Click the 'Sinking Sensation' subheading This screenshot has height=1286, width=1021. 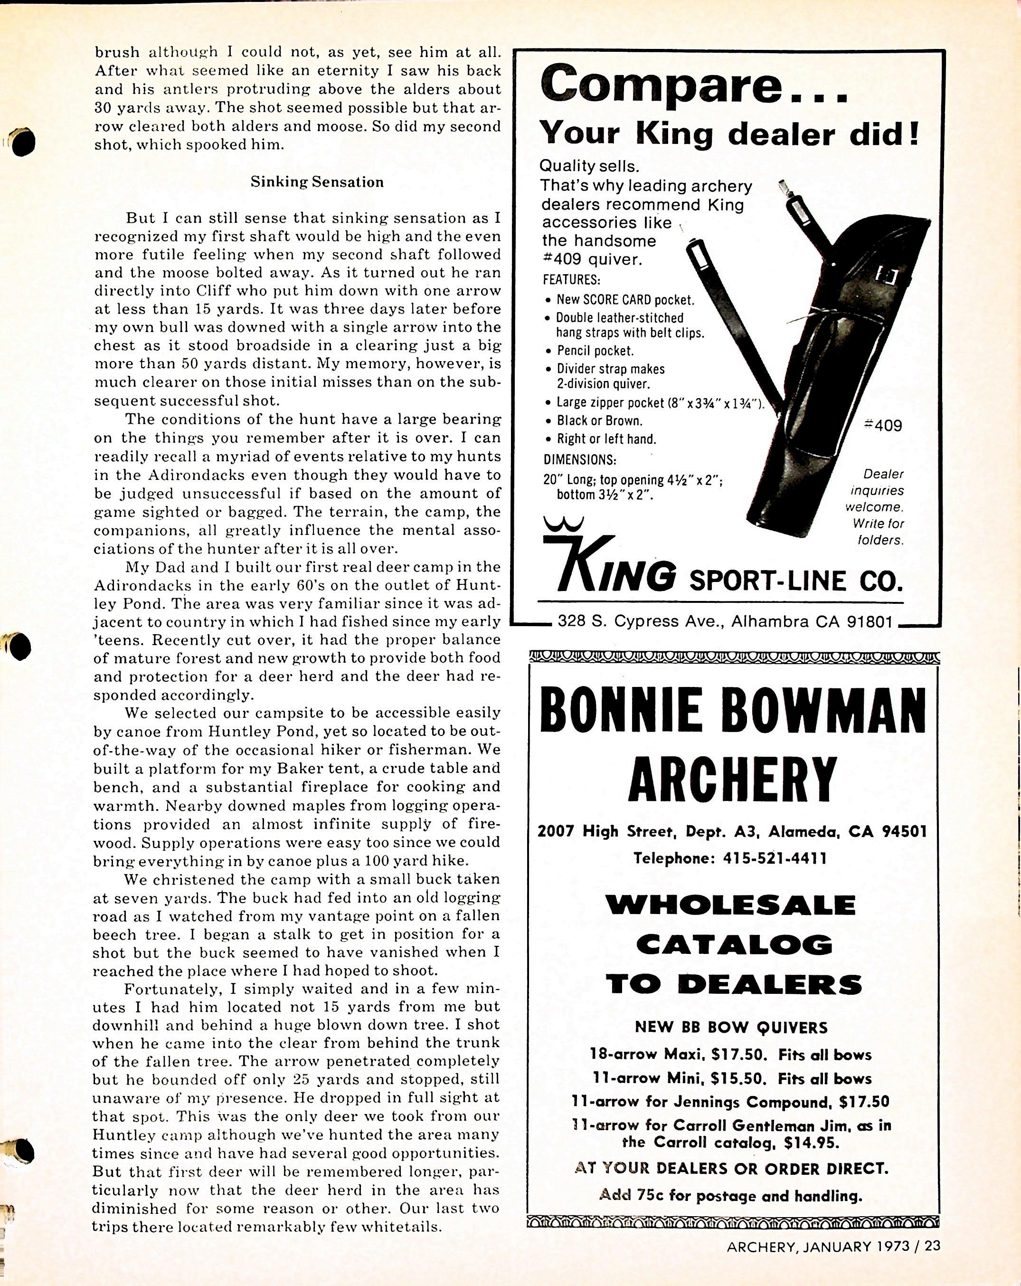pyautogui.click(x=317, y=182)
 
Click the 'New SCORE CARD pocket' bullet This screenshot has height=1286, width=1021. pyautogui.click(x=625, y=299)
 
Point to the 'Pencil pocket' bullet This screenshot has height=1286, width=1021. pyautogui.click(x=595, y=351)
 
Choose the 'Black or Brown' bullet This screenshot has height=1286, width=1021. pyautogui.click(x=599, y=420)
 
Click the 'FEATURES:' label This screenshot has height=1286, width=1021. pyautogui.click(x=571, y=279)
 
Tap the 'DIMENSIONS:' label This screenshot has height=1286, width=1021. pyautogui.click(x=580, y=459)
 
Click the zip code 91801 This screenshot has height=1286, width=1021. pyautogui.click(x=869, y=622)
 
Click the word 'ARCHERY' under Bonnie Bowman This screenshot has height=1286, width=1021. pyautogui.click(x=732, y=779)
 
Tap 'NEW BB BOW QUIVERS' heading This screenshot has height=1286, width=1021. pyautogui.click(x=731, y=1027)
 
